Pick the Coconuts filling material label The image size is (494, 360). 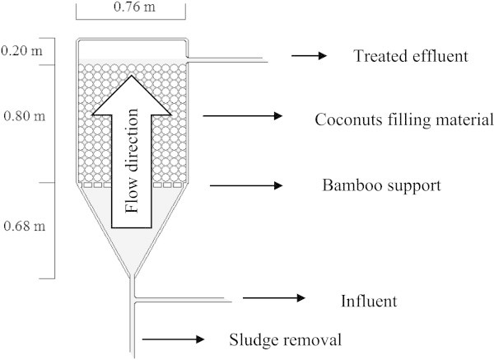click(x=403, y=119)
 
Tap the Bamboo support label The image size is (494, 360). click(x=382, y=185)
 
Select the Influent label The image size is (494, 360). click(x=368, y=301)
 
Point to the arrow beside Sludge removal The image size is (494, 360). click(x=174, y=338)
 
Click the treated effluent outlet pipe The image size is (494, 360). click(x=226, y=59)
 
